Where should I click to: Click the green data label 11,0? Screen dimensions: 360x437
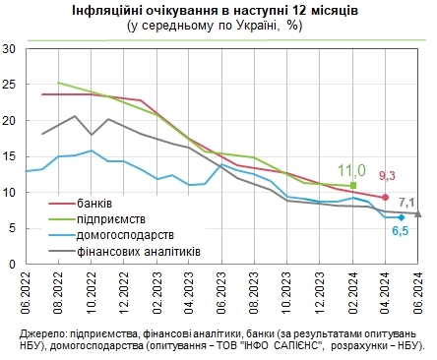click(351, 169)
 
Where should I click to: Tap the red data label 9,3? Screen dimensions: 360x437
click(387, 176)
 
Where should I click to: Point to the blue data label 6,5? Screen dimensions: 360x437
click(401, 231)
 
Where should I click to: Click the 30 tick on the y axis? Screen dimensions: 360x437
click(9, 48)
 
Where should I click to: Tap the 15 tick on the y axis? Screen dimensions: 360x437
click(9, 157)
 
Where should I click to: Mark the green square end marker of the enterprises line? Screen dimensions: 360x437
click(353, 185)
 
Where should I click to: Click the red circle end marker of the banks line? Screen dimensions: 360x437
click(385, 198)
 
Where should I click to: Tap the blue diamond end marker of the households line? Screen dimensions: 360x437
click(402, 217)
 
